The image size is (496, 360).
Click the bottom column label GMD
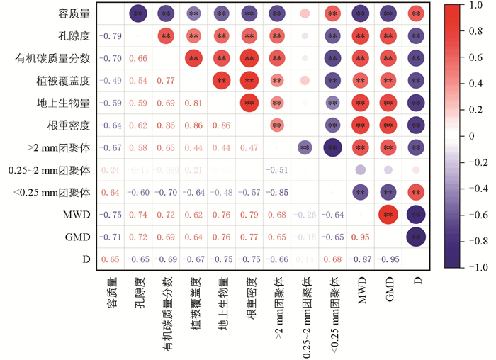(387, 286)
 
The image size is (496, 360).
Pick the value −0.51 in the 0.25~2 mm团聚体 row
(277, 171)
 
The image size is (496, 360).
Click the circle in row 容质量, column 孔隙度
(137, 13)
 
